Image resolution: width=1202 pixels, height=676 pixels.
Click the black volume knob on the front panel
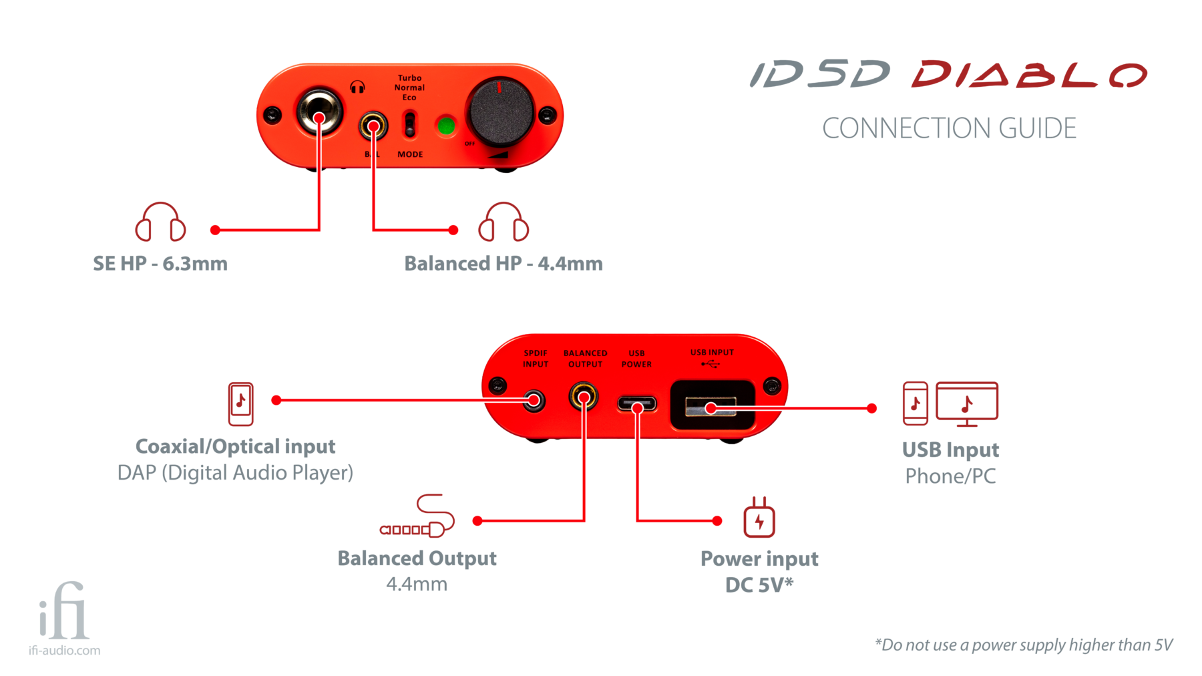click(501, 112)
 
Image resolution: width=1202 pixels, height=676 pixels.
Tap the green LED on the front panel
click(445, 126)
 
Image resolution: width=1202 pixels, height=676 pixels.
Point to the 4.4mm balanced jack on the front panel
click(373, 126)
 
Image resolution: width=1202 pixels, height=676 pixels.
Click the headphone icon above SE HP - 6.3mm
click(160, 222)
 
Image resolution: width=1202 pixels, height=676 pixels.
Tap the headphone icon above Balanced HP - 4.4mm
click(504, 222)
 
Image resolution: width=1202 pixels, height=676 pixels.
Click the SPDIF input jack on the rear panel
click(534, 401)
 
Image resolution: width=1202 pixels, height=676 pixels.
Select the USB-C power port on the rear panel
click(637, 404)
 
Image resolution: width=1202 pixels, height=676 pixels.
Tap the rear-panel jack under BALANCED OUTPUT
click(584, 397)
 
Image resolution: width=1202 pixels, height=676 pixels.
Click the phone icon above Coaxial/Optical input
click(241, 403)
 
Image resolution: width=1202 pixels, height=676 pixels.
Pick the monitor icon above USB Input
click(967, 403)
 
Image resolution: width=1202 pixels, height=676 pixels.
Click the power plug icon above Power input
click(759, 518)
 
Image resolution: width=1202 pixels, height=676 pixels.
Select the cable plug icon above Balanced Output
click(418, 517)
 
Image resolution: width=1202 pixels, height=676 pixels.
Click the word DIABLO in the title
click(1029, 74)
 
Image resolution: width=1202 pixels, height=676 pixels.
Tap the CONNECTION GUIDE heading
click(949, 128)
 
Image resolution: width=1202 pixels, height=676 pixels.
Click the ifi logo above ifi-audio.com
click(64, 611)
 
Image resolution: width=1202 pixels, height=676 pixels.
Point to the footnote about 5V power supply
click(1024, 645)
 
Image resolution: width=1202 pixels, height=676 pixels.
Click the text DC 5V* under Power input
click(759, 585)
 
